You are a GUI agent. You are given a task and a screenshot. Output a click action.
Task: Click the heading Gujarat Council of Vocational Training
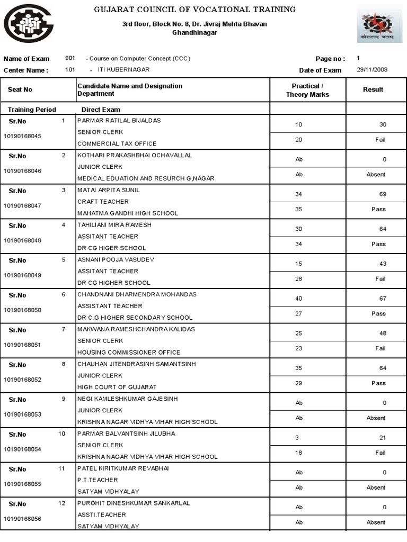[x=194, y=10]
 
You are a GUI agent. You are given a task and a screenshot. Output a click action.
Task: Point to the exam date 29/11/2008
[x=371, y=70]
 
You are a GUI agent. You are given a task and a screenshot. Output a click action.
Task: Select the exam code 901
[x=70, y=58]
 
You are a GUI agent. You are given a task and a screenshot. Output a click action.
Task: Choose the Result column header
[x=373, y=89]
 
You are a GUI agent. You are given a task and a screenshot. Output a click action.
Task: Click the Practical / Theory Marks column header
[x=307, y=90]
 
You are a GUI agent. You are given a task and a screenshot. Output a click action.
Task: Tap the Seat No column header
[x=20, y=89]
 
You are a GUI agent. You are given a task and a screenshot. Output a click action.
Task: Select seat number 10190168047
[x=22, y=205]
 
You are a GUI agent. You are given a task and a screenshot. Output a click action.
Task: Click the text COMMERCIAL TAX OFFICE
[x=117, y=143]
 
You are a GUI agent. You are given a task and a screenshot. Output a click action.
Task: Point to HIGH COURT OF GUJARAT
[x=117, y=387]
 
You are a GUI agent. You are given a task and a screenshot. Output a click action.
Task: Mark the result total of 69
[x=383, y=194]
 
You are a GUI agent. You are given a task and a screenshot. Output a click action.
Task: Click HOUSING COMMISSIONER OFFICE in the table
[x=129, y=352]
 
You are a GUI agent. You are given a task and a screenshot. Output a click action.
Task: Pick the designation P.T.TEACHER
[x=98, y=480]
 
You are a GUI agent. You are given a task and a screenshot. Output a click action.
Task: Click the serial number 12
[x=61, y=503]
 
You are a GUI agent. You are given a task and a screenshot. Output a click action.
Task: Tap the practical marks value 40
[x=298, y=299]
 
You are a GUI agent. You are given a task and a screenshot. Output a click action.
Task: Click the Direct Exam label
[x=101, y=110]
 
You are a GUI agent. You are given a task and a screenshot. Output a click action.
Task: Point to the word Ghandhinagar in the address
[x=194, y=32]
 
